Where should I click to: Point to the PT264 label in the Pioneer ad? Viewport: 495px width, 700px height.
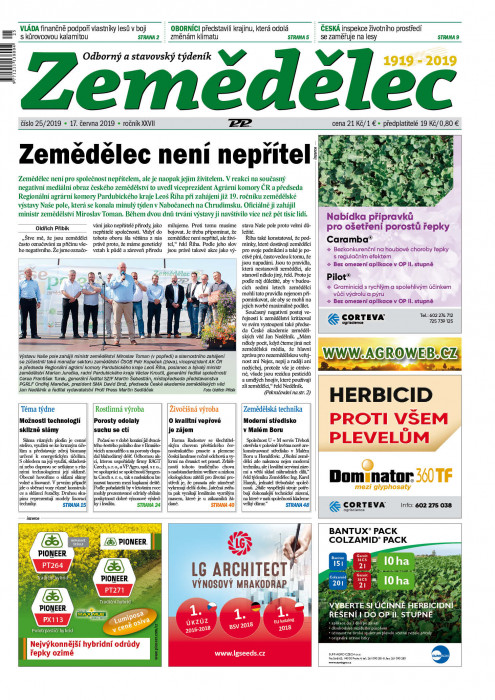pos(52,566)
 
